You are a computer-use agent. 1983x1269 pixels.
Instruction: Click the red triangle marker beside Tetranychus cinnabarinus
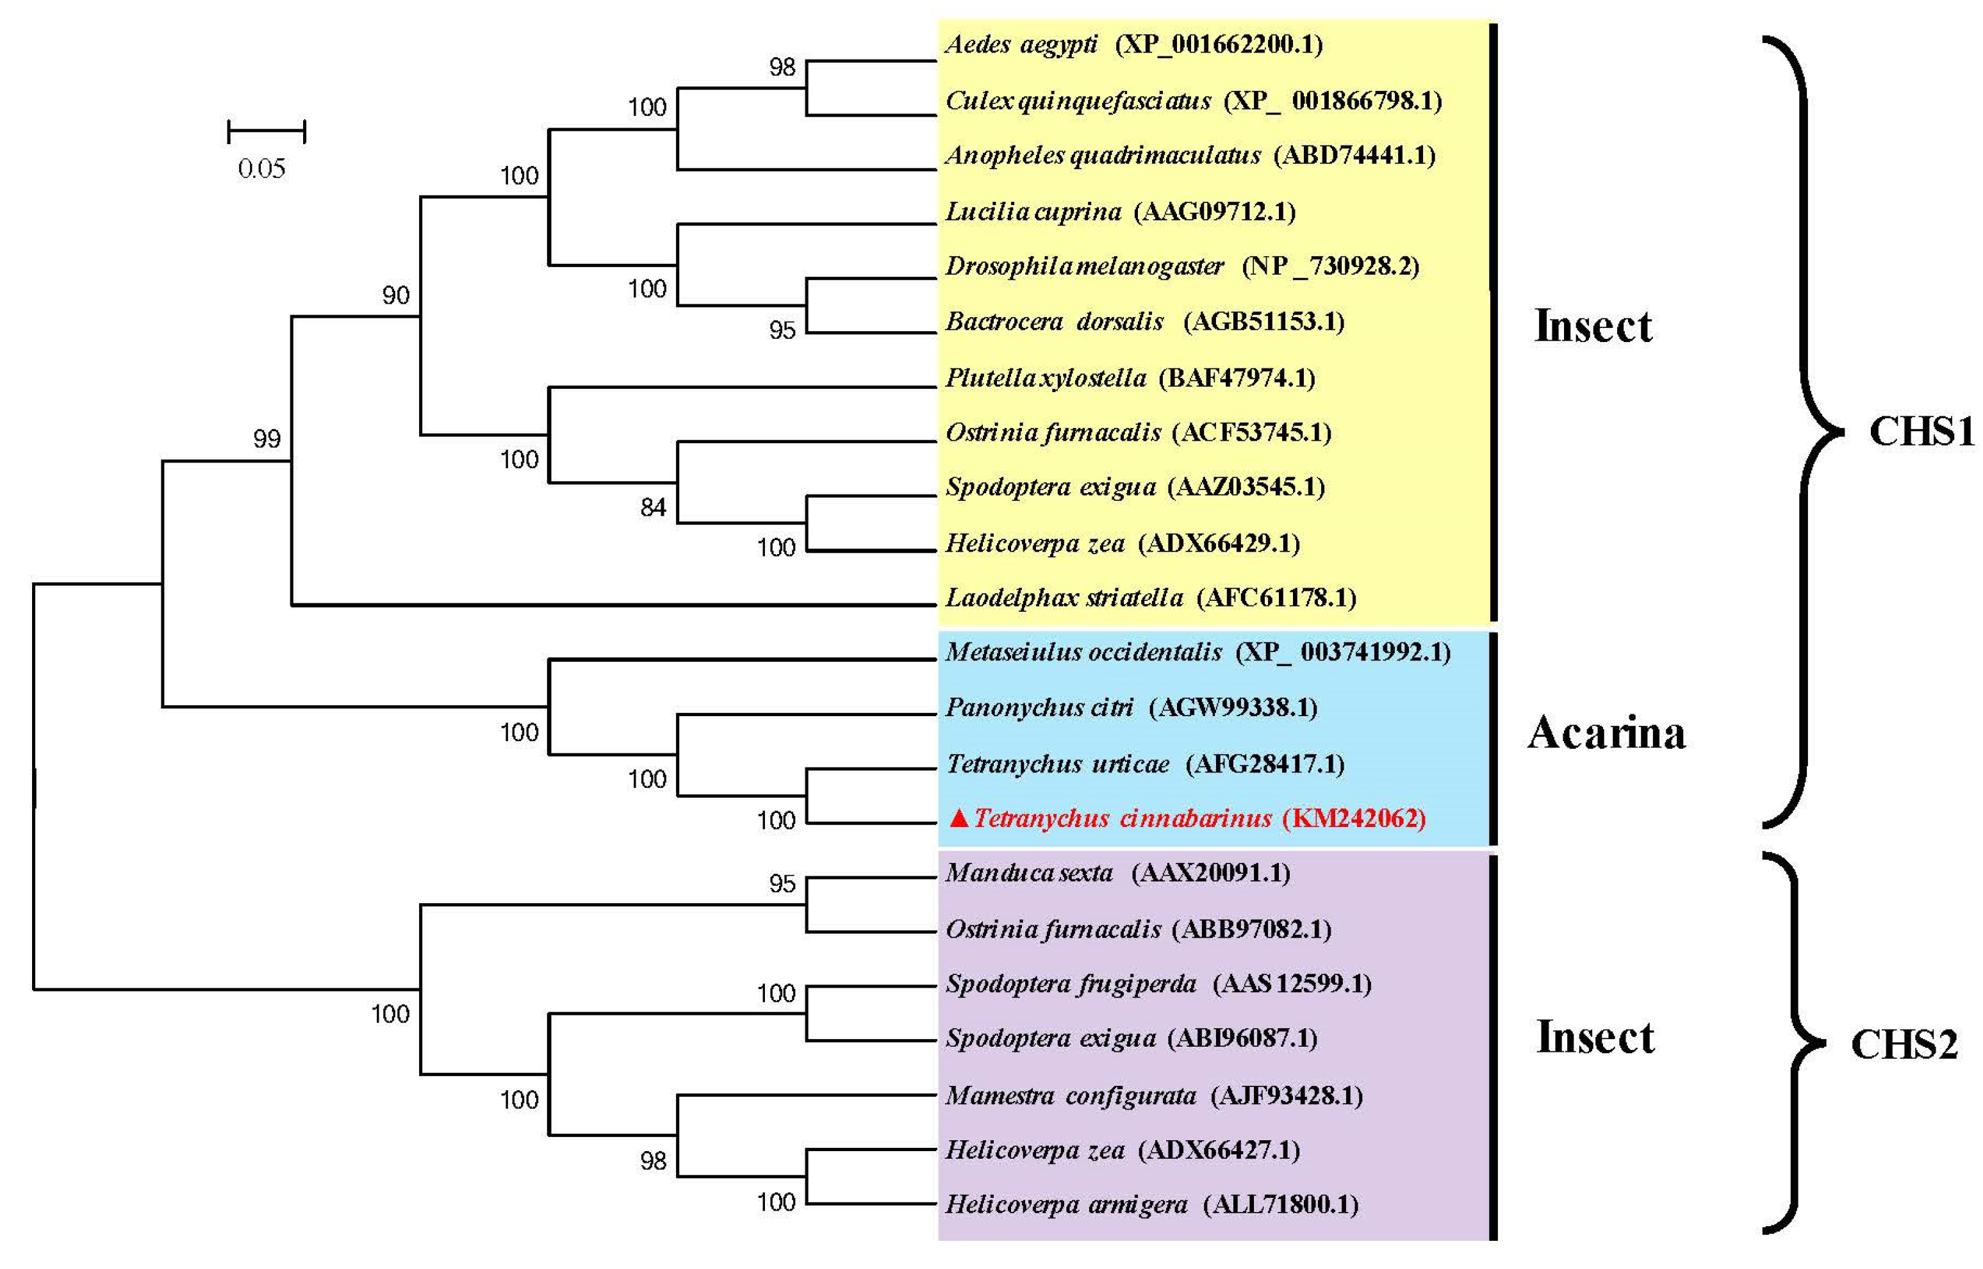pos(958,818)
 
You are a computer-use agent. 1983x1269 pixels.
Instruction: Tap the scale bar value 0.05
pos(261,169)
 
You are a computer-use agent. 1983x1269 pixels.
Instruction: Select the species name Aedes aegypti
pos(1021,44)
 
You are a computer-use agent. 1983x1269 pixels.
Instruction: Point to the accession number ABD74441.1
pos(1354,155)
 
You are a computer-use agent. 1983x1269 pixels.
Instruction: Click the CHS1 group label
pos(1920,431)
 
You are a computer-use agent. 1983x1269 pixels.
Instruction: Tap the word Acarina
pos(1606,733)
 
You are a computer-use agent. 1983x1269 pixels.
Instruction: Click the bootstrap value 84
pos(653,507)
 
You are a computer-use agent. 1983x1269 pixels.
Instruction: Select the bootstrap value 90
pos(395,295)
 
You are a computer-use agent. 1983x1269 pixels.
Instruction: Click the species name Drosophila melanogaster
pos(1084,266)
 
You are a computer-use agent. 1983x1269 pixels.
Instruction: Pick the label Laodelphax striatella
pos(1063,598)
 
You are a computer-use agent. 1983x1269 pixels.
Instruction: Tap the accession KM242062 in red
pos(1353,818)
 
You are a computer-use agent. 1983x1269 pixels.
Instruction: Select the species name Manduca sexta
pos(1028,872)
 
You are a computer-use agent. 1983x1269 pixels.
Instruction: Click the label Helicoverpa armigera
pos(1066,1205)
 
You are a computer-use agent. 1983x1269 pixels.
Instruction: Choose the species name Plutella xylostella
pos(1045,378)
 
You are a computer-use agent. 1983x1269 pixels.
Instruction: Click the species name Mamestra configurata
pos(1070,1096)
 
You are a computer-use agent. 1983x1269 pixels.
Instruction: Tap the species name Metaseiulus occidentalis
pos(1083,653)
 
